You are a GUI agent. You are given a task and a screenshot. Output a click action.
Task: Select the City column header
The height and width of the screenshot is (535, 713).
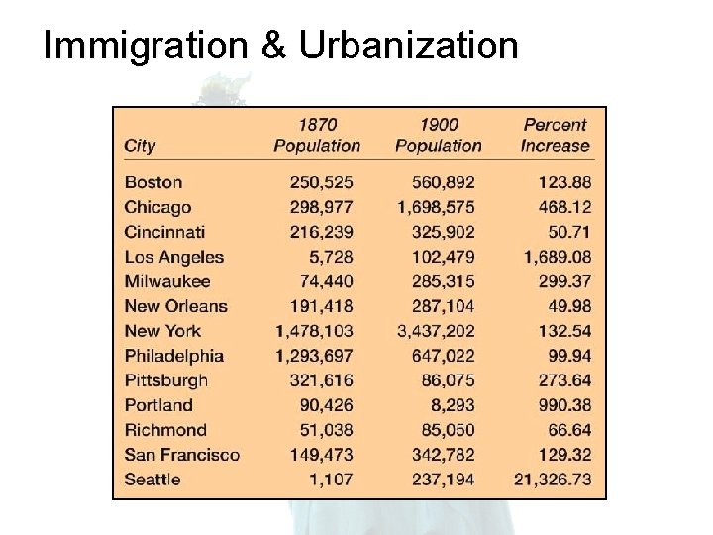140,146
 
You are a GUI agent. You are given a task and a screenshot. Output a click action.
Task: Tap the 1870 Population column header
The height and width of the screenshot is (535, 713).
317,135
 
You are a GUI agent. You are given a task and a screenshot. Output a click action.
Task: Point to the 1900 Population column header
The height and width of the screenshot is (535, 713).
438,135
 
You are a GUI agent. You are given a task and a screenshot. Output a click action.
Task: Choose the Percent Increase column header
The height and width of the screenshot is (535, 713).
555,135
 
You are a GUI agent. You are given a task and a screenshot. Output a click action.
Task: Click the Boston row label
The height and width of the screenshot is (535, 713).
153,182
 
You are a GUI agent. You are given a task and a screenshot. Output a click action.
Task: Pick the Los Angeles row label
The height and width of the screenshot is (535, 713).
174,257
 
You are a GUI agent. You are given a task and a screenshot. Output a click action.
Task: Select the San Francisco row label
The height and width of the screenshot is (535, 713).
182,455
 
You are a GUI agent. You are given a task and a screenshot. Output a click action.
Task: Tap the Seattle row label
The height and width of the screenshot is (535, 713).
153,480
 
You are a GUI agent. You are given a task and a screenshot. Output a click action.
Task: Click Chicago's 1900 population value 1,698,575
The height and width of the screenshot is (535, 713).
436,207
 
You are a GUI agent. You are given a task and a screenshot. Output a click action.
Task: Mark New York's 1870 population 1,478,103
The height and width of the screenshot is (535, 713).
315,331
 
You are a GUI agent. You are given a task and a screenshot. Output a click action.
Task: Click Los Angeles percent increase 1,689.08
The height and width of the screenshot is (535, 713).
555,257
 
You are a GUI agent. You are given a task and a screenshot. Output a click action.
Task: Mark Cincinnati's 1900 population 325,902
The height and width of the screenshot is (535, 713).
442,232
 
